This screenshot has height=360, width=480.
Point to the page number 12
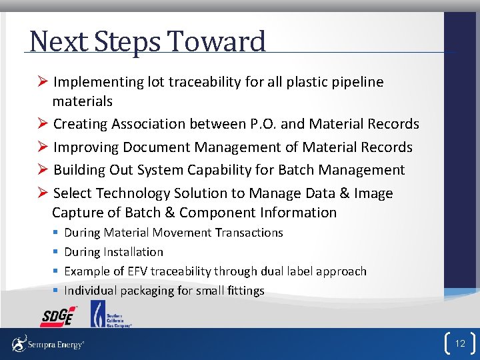pyautogui.click(x=460, y=343)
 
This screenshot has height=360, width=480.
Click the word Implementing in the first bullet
pyautogui.click(x=98, y=82)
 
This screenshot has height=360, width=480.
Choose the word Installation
pyautogui.click(x=133, y=252)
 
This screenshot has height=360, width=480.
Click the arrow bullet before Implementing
pyautogui.click(x=42, y=82)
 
